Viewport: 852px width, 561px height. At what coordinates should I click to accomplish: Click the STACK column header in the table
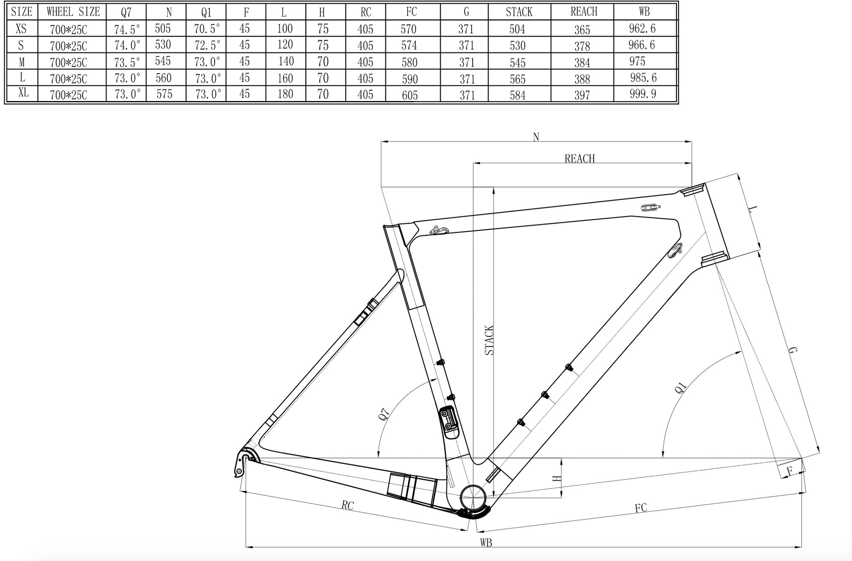pyautogui.click(x=519, y=12)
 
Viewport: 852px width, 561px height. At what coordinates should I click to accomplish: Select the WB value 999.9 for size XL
pyautogui.click(x=643, y=94)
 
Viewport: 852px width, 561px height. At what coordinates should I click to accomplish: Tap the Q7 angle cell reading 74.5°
pyautogui.click(x=127, y=29)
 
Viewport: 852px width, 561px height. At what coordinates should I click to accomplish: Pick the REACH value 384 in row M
pyautogui.click(x=582, y=62)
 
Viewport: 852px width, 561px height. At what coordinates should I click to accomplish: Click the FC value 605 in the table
pyautogui.click(x=410, y=95)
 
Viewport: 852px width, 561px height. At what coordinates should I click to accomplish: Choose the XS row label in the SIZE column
pyautogui.click(x=21, y=28)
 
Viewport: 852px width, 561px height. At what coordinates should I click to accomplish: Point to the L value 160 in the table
pyautogui.click(x=285, y=78)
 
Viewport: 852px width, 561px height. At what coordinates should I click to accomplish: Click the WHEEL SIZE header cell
pyautogui.click(x=73, y=12)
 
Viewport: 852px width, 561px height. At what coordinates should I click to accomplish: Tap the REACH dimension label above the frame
pyautogui.click(x=580, y=158)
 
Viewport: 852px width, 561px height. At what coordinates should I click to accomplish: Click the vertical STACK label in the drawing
pyautogui.click(x=489, y=340)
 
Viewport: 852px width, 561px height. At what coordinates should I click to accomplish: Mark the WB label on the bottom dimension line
pyautogui.click(x=486, y=542)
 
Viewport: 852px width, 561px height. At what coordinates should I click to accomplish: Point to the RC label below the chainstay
pyautogui.click(x=347, y=505)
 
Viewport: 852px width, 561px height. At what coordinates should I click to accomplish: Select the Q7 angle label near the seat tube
pyautogui.click(x=385, y=415)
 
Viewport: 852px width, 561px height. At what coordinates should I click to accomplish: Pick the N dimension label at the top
pyautogui.click(x=536, y=137)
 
